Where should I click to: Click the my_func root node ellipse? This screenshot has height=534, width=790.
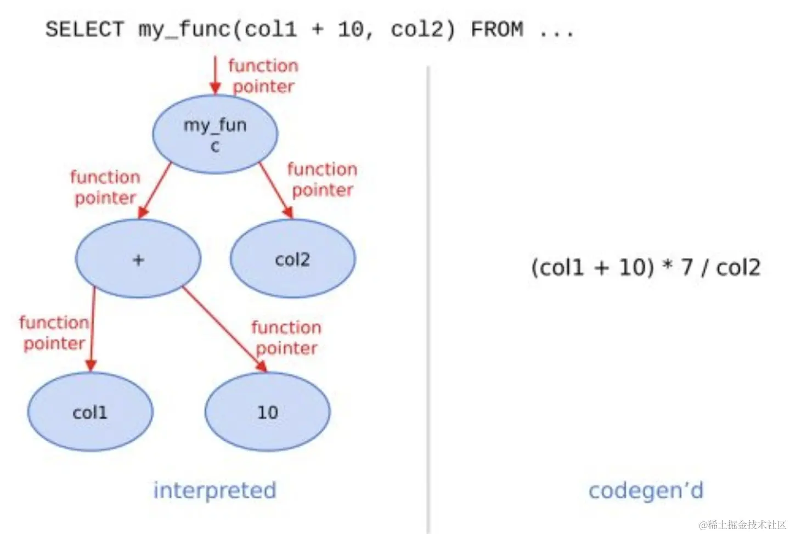click(215, 134)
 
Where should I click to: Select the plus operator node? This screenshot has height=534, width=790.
click(138, 258)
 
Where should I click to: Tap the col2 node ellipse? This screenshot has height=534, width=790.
click(293, 258)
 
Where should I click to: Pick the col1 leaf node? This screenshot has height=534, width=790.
click(91, 412)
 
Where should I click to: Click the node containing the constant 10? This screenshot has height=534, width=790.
click(268, 412)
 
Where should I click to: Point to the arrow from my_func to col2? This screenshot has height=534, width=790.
click(276, 190)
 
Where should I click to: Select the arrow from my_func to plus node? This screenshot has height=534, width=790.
click(155, 190)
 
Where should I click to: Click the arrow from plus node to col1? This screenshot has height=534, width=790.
click(92, 329)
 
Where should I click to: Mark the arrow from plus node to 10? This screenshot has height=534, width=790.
click(225, 329)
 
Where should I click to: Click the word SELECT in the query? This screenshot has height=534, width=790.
click(84, 29)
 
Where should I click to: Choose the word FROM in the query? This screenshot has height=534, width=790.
click(497, 29)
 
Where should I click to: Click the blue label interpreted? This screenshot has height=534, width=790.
click(215, 490)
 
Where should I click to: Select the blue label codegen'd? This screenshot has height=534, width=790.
click(646, 490)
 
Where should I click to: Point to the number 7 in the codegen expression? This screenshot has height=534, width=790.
click(686, 267)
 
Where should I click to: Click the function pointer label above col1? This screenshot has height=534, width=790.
click(54, 333)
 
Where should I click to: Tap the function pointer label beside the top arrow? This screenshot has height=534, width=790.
click(263, 76)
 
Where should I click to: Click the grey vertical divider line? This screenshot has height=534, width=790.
click(428, 300)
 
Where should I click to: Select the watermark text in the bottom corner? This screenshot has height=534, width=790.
click(742, 525)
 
